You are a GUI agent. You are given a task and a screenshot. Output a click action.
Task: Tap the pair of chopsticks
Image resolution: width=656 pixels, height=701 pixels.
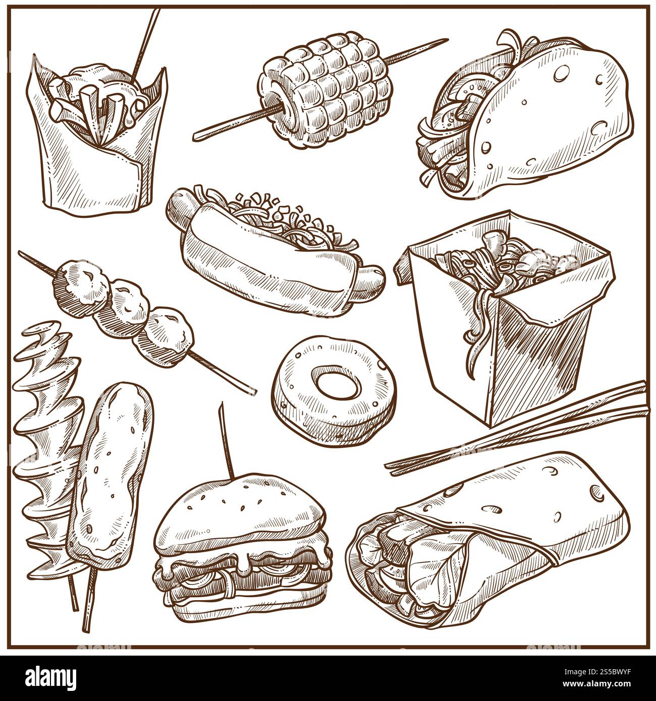(515, 429)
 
